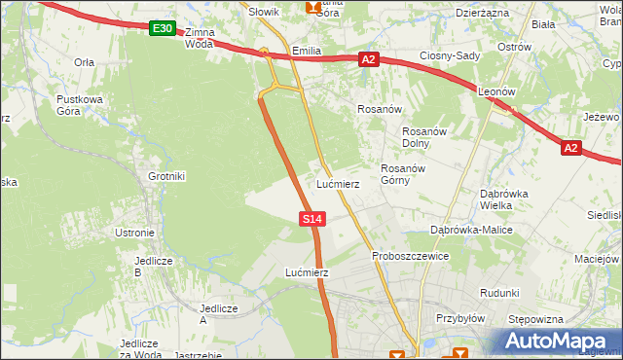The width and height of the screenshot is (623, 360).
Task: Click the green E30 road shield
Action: (x=163, y=30)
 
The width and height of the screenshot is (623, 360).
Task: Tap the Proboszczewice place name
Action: (x=410, y=256)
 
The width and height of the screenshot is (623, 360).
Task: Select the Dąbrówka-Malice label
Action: (x=471, y=230)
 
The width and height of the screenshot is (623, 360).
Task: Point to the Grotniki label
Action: (x=165, y=176)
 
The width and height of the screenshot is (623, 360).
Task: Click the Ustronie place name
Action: (x=134, y=233)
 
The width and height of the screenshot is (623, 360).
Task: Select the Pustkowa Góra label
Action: (x=80, y=105)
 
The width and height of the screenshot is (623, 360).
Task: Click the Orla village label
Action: (x=84, y=61)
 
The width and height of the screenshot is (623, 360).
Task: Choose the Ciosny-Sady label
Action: (x=450, y=55)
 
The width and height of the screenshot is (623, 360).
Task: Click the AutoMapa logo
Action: (x=559, y=341)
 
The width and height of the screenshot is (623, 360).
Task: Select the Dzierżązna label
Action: (x=482, y=13)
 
